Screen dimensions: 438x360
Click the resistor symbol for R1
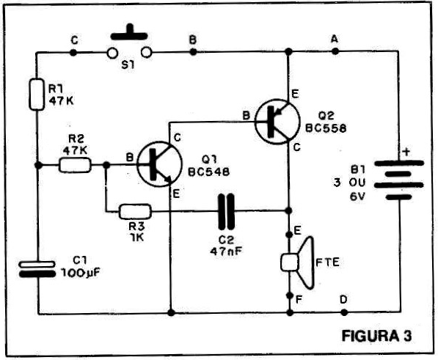tap(37, 95)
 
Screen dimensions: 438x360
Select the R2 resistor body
tap(75, 165)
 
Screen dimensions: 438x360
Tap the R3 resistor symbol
tap(135, 212)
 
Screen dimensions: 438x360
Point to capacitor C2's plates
tap(226, 211)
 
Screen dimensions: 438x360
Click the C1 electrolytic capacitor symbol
tap(37, 269)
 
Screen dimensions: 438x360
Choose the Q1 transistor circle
tap(159, 164)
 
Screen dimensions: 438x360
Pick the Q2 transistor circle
tap(277, 122)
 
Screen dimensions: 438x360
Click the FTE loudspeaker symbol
tap(297, 262)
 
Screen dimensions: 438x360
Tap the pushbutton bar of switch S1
tap(129, 33)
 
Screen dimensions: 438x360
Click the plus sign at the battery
tap(406, 152)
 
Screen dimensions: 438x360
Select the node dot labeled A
tap(335, 51)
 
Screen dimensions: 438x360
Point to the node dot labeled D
tap(344, 312)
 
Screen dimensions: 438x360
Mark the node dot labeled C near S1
tap(73, 52)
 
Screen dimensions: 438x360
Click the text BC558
tap(326, 128)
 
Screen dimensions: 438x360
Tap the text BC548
tap(208, 172)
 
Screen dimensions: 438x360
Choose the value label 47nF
tap(226, 251)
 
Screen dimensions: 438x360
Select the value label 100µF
tap(81, 273)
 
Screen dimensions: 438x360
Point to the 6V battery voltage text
tap(357, 197)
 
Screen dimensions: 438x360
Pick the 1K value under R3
tap(136, 238)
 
